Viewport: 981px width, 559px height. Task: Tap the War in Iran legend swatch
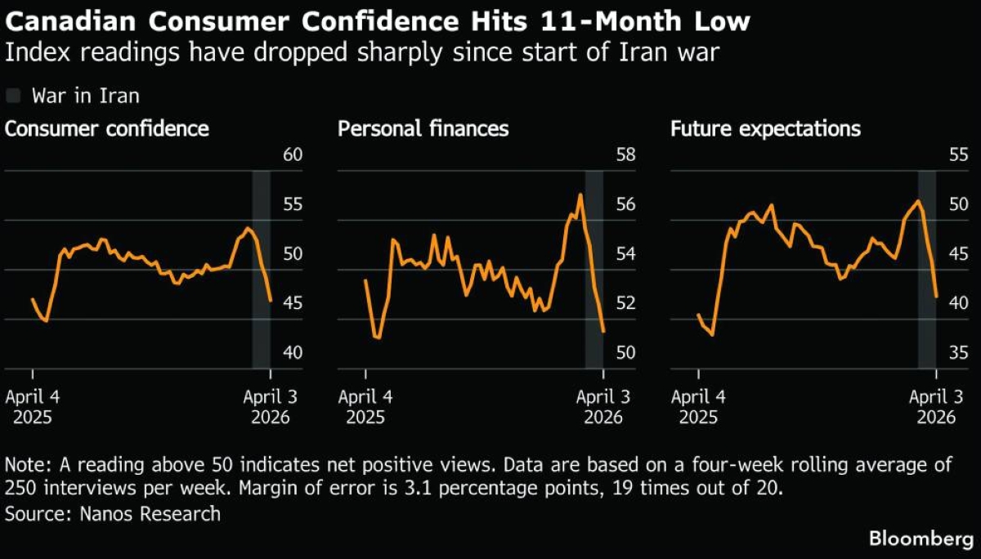[13, 96]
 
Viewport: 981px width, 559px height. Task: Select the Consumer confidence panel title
[106, 129]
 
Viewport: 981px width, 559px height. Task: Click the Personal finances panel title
[423, 129]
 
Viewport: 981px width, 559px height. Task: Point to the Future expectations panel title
[765, 129]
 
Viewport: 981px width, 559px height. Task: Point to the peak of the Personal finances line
[580, 195]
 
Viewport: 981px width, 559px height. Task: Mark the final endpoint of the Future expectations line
[936, 297]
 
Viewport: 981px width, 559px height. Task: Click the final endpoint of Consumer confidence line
[271, 301]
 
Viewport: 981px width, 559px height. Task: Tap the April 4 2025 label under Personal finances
[365, 406]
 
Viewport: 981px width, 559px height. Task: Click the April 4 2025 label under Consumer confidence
[33, 406]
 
